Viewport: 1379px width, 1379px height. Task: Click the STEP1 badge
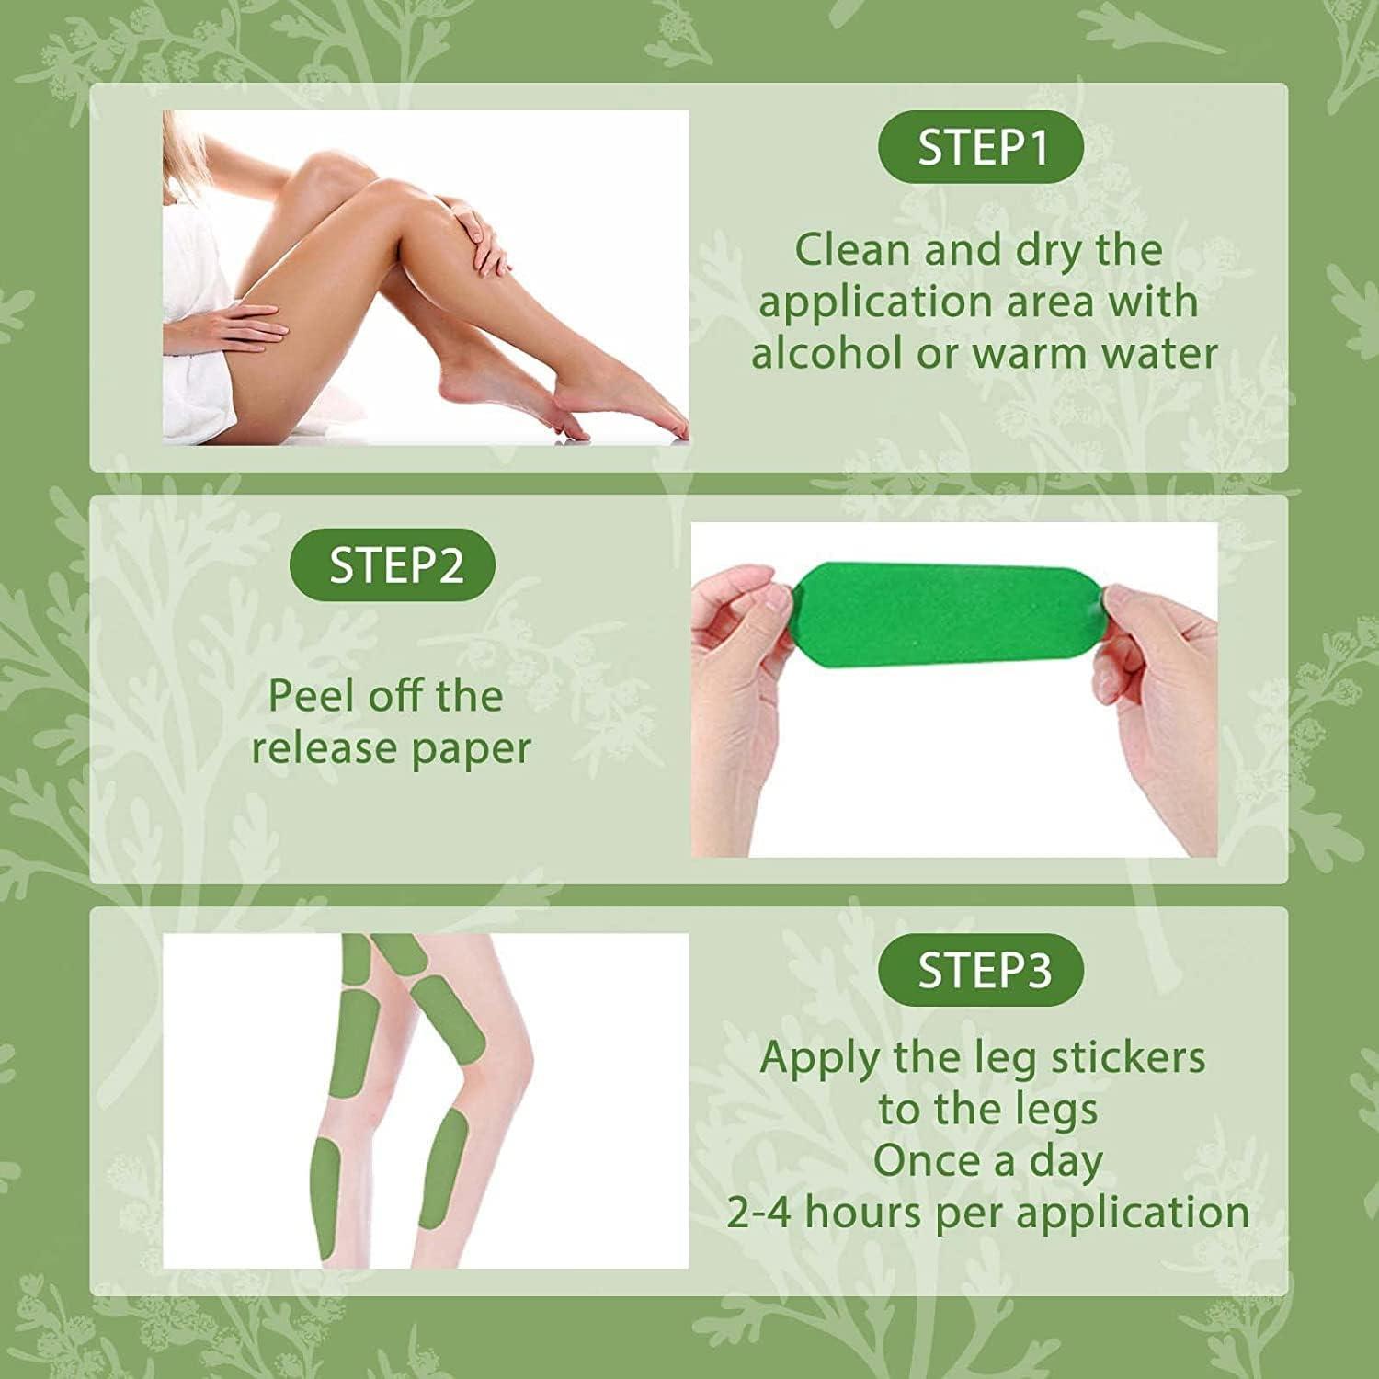coord(981,148)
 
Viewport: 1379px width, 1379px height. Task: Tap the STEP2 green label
coord(393,564)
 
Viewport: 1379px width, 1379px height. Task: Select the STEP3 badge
coord(981,970)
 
